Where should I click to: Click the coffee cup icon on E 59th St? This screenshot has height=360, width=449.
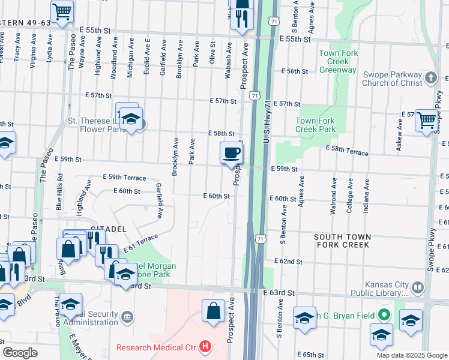231,153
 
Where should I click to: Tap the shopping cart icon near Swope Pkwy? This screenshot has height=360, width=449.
426,120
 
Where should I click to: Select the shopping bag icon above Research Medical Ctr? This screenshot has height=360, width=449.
213,311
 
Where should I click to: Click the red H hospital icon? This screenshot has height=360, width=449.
206,347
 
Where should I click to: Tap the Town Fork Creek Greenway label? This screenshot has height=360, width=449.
338,61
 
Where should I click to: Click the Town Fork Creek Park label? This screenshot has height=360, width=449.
315,125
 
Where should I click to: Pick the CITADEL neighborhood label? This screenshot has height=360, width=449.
107,229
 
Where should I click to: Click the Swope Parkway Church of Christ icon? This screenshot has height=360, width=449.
430,77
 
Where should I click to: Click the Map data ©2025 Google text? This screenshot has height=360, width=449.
411,355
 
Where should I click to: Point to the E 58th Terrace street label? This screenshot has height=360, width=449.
347,151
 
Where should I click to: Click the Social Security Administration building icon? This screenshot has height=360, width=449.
127,316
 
